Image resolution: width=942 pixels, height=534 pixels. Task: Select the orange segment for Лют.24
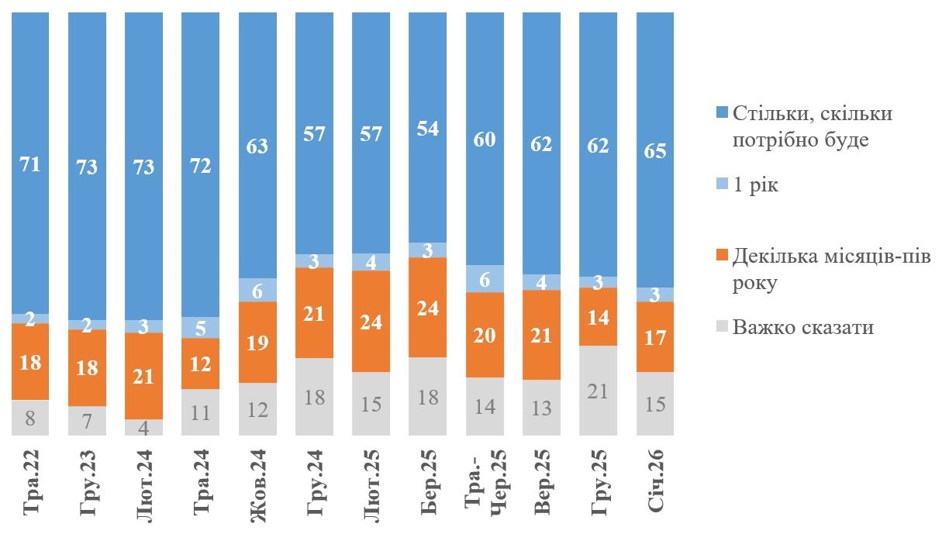coord(144,376)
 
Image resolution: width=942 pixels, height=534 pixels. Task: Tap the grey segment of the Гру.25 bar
coord(599,391)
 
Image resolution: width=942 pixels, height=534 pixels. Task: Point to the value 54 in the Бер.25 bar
coord(428,129)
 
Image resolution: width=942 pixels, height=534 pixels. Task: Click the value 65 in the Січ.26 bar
coord(655,150)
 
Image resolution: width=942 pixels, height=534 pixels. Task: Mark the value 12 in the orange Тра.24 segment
coord(201,363)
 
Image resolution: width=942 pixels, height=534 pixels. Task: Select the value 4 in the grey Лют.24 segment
coord(144,428)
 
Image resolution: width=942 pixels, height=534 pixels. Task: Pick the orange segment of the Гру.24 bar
coord(314,312)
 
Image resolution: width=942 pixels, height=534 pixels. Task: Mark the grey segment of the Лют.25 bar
coord(371,403)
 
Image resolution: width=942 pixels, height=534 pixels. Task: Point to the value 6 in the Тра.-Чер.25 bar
coord(485,279)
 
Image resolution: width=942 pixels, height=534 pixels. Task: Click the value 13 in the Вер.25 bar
coord(542,408)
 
